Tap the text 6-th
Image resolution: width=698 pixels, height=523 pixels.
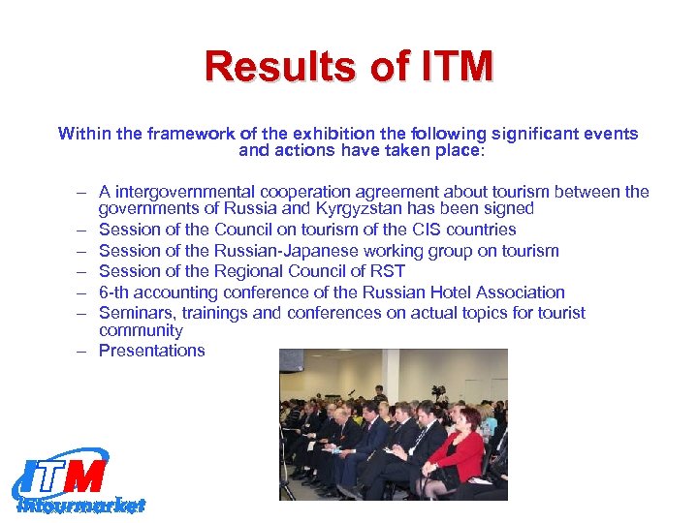click(116, 292)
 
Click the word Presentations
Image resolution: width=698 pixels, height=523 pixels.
click(152, 351)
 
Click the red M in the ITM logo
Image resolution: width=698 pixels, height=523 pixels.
click(89, 476)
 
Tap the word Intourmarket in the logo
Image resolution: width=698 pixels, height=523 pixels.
click(81, 505)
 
